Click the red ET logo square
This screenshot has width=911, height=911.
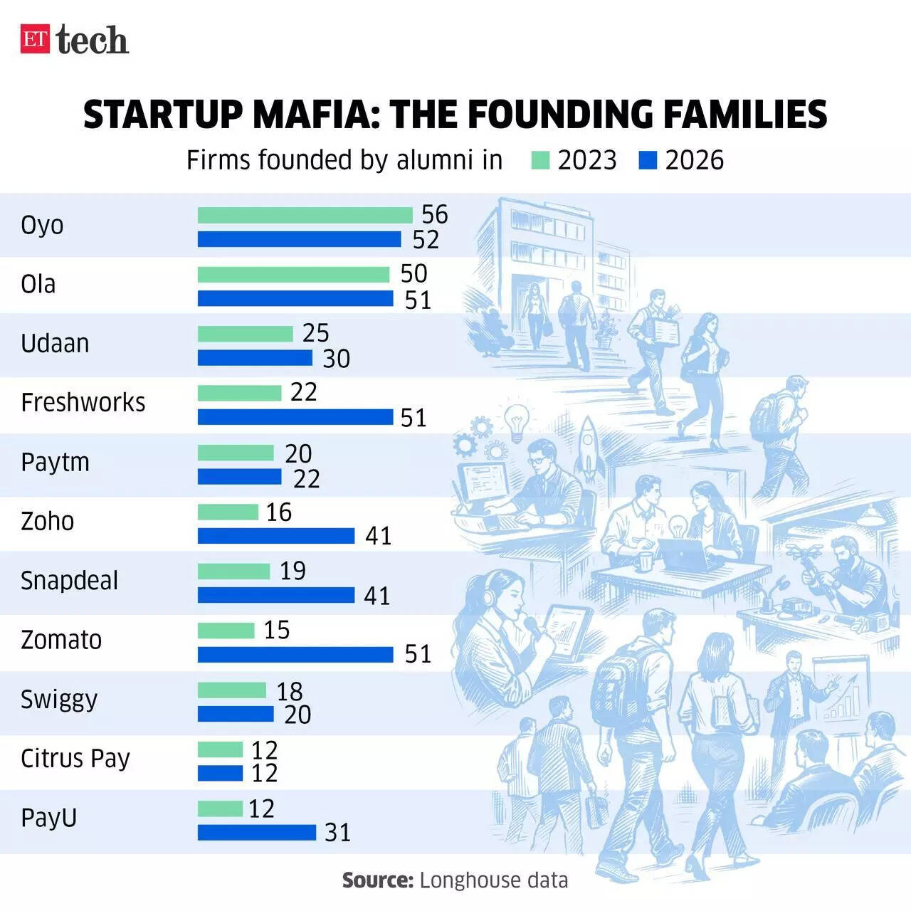click(35, 39)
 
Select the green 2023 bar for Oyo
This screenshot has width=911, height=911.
click(305, 215)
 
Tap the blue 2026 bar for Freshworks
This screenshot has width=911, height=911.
click(295, 417)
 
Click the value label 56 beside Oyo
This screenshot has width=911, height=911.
click(434, 214)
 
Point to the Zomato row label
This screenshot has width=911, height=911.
click(61, 640)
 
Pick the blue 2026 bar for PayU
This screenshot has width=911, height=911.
click(256, 832)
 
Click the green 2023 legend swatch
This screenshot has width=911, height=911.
click(540, 160)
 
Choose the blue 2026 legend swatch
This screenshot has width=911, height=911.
click(648, 160)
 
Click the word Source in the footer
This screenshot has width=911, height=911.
click(377, 880)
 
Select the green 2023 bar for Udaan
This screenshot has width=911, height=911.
click(245, 334)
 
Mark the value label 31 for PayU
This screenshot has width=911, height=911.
click(337, 832)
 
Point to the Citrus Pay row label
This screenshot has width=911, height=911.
click(75, 759)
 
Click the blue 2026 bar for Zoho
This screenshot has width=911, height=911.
click(275, 535)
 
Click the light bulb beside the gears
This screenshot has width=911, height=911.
click(516, 420)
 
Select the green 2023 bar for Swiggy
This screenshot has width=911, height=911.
click(231, 690)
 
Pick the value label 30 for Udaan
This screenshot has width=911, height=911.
click(336, 359)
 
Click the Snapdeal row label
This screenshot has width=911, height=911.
click(69, 581)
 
